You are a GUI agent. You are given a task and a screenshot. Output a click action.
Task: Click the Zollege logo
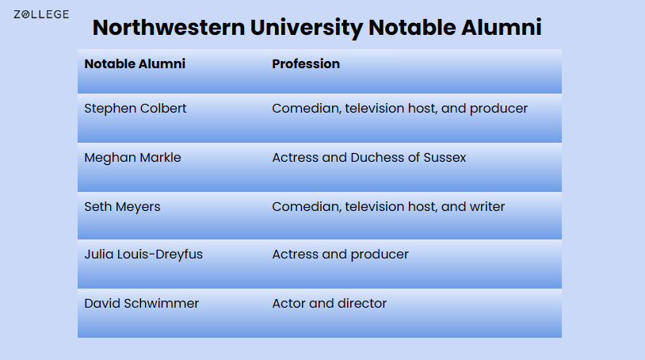tap(41, 14)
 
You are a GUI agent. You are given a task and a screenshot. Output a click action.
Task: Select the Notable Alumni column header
tap(135, 64)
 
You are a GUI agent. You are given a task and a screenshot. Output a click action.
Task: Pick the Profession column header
tap(306, 64)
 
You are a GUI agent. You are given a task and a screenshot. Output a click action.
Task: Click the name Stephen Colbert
tap(135, 109)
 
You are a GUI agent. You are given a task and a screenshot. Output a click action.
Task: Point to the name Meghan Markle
tap(132, 158)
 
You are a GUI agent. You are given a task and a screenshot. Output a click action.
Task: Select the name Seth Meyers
tap(122, 207)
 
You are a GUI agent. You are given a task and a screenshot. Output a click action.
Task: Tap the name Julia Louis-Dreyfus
tap(143, 255)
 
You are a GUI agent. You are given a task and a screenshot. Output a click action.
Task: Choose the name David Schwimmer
tap(142, 304)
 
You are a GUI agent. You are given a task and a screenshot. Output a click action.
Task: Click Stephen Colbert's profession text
tap(399, 109)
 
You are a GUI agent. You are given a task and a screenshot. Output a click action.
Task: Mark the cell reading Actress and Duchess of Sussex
tap(369, 158)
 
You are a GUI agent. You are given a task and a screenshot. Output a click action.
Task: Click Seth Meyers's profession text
tap(388, 207)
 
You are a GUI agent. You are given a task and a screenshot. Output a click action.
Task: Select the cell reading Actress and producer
tap(340, 255)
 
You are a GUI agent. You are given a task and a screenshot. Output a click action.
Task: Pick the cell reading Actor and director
tap(329, 304)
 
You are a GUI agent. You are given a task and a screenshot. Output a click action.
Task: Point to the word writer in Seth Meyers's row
tap(487, 207)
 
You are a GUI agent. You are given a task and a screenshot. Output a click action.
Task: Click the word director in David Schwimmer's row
tap(361, 304)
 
